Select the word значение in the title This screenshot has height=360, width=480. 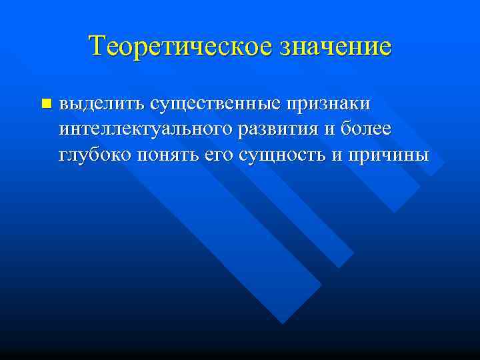tap(336, 46)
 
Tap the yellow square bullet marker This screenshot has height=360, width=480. tap(45, 103)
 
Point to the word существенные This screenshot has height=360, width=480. tap(215, 104)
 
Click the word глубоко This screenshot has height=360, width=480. tap(95, 155)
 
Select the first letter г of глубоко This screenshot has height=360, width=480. tap(63, 156)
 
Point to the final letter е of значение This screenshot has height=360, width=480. tap(385, 48)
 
